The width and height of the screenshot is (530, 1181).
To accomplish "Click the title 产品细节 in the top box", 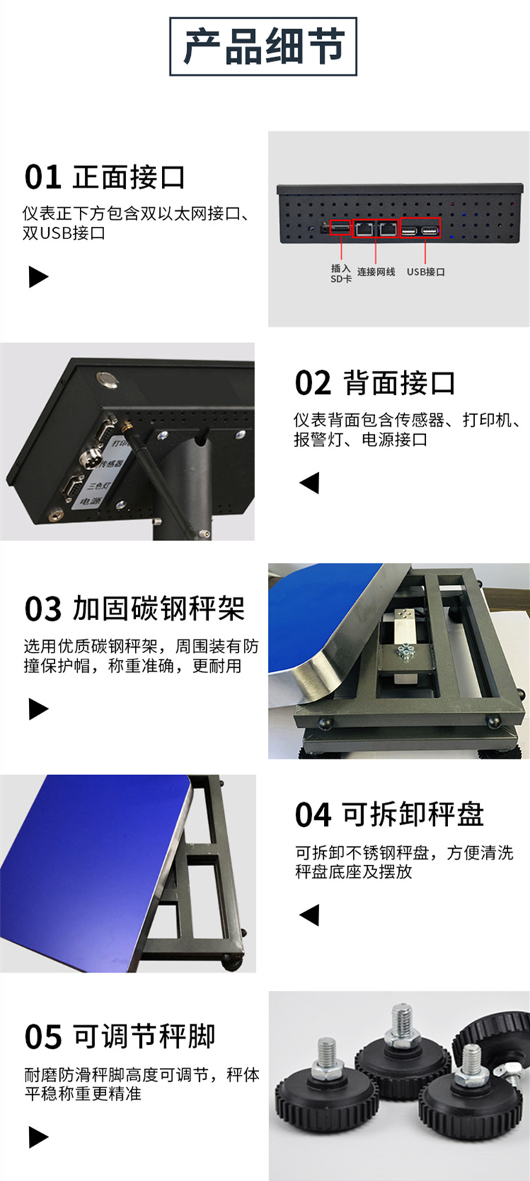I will pyautogui.click(x=263, y=46).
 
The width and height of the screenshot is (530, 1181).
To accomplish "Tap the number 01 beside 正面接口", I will pyautogui.click(x=43, y=178).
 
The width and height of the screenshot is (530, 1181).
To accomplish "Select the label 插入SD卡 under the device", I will pyautogui.click(x=340, y=274).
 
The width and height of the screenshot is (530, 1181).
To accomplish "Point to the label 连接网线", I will pyautogui.click(x=376, y=272).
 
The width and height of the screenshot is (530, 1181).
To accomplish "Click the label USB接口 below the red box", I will pyautogui.click(x=425, y=272).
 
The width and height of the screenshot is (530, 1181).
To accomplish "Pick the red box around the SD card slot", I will pyautogui.click(x=340, y=227).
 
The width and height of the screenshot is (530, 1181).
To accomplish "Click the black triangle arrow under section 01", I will pyautogui.click(x=39, y=277).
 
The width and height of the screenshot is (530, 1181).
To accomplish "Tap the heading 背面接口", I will pyautogui.click(x=399, y=383).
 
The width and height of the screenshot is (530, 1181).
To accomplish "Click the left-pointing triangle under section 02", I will pyautogui.click(x=309, y=482).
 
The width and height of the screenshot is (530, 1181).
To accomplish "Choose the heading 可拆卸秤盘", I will pyautogui.click(x=413, y=815).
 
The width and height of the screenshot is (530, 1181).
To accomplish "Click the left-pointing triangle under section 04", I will pyautogui.click(x=309, y=915).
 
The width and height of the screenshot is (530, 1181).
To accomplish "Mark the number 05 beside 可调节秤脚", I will pyautogui.click(x=43, y=1037).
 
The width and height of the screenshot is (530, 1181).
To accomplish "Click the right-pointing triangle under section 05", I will pyautogui.click(x=39, y=1137).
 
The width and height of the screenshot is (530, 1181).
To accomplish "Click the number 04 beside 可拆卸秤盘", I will pyautogui.click(x=313, y=816).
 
